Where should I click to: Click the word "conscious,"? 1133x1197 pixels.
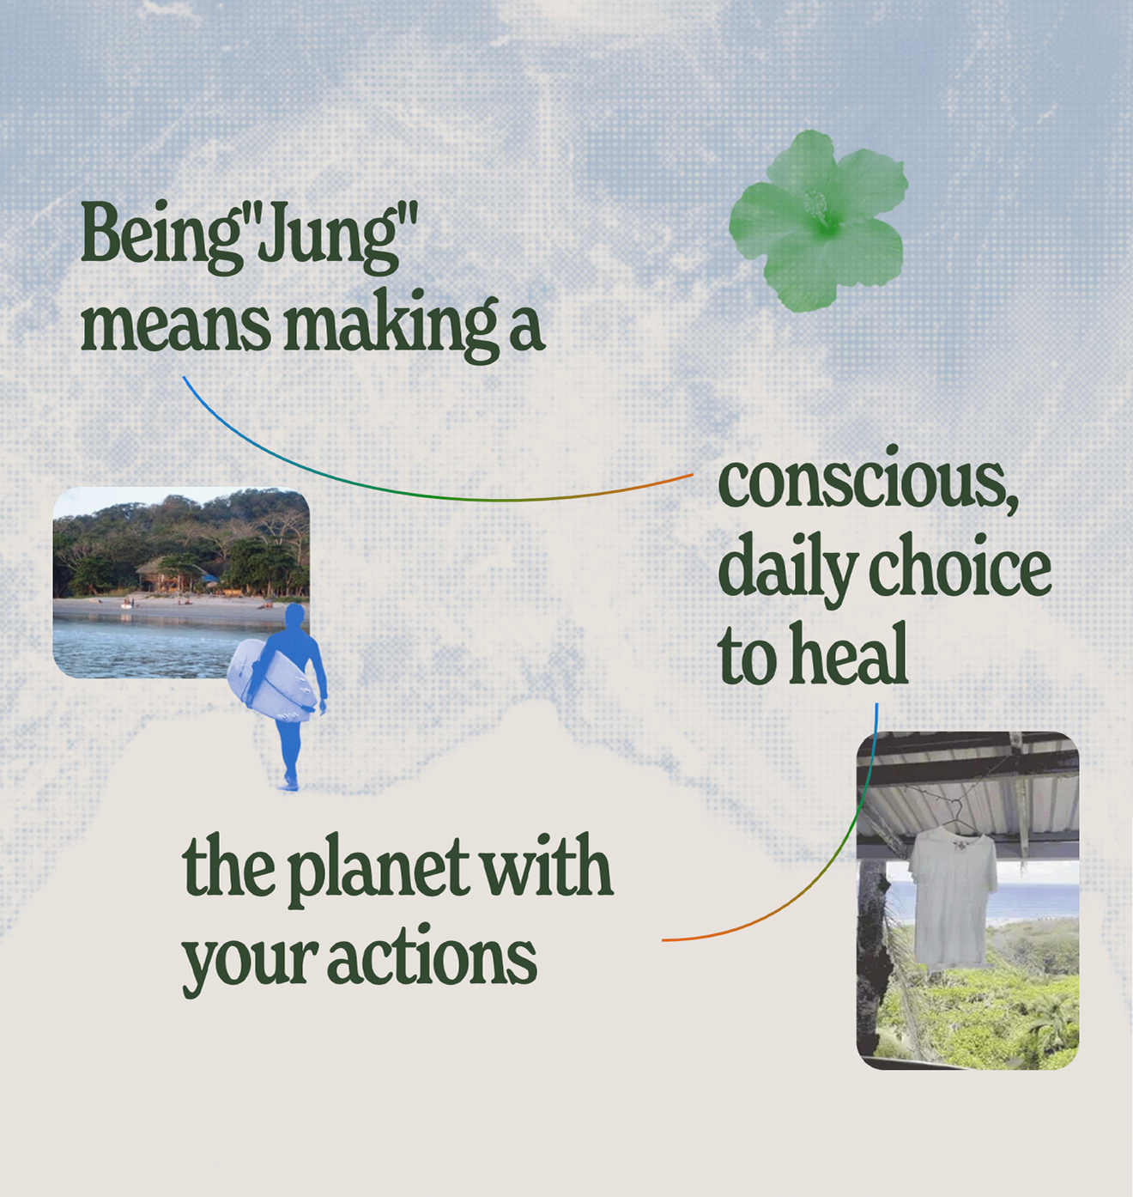pos(868,484)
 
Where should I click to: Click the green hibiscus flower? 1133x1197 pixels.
pos(820,221)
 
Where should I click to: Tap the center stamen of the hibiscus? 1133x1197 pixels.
pos(818,208)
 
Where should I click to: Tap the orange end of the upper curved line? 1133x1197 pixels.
pos(692,474)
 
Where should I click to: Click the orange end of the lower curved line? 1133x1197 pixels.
pos(665,939)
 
